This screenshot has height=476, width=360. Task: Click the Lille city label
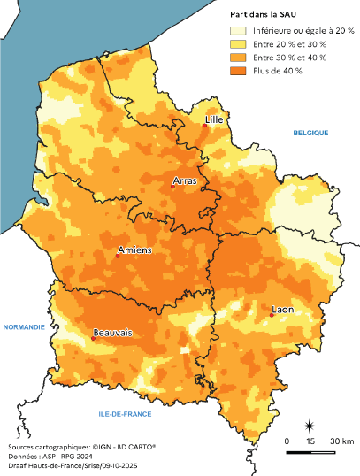coord(213,118)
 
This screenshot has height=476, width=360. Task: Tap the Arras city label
coord(185,180)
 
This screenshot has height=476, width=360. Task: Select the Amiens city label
coord(134,250)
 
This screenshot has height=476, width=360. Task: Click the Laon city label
coord(284,310)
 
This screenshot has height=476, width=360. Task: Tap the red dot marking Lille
coord(204,126)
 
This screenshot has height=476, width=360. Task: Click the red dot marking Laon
coord(271,314)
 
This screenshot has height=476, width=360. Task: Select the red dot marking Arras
coord(173,186)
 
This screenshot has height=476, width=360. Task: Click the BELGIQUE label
coord(310,133)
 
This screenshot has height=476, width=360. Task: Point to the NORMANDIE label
coord(24,326)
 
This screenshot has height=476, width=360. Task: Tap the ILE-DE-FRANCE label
coord(125,414)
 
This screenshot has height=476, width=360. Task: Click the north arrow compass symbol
coord(310,425)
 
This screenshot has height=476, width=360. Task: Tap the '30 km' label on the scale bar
coord(342,441)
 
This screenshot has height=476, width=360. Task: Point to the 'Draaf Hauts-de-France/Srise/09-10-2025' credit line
coord(66,467)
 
